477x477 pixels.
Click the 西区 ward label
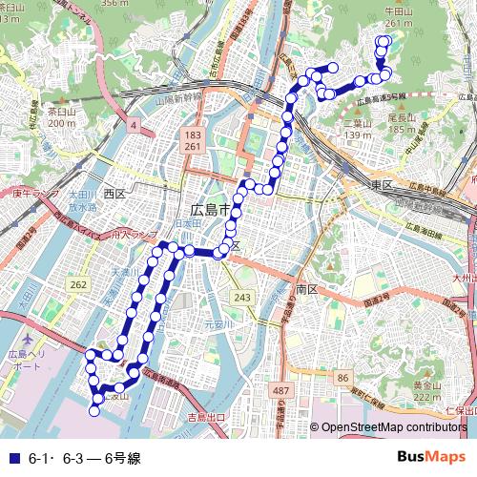pos(114,194)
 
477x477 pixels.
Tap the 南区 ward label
pos(306,287)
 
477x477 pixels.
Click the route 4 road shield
pos(135,125)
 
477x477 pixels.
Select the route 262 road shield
pos(78,284)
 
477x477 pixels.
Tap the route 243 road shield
pos(242,299)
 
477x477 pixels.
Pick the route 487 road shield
pos(280,391)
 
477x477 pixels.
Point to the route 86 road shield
pos(342,379)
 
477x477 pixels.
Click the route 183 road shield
pos(193,138)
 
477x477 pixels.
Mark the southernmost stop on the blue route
pos(94,411)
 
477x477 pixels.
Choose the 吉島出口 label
pos(205,417)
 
